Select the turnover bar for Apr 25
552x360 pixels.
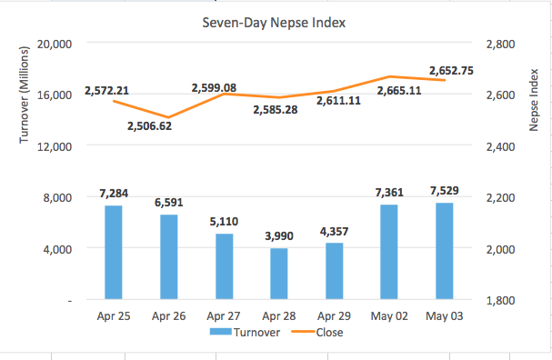pos(114,252)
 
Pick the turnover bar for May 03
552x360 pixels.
pos(444,250)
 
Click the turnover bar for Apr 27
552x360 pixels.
pos(224,265)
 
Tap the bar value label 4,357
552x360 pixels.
pos(334,231)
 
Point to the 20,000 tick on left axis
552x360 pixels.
pos(56,44)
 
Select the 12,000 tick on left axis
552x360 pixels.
pos(56,146)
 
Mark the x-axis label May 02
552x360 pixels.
pos(389,315)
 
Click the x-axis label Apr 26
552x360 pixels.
pos(168,315)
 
